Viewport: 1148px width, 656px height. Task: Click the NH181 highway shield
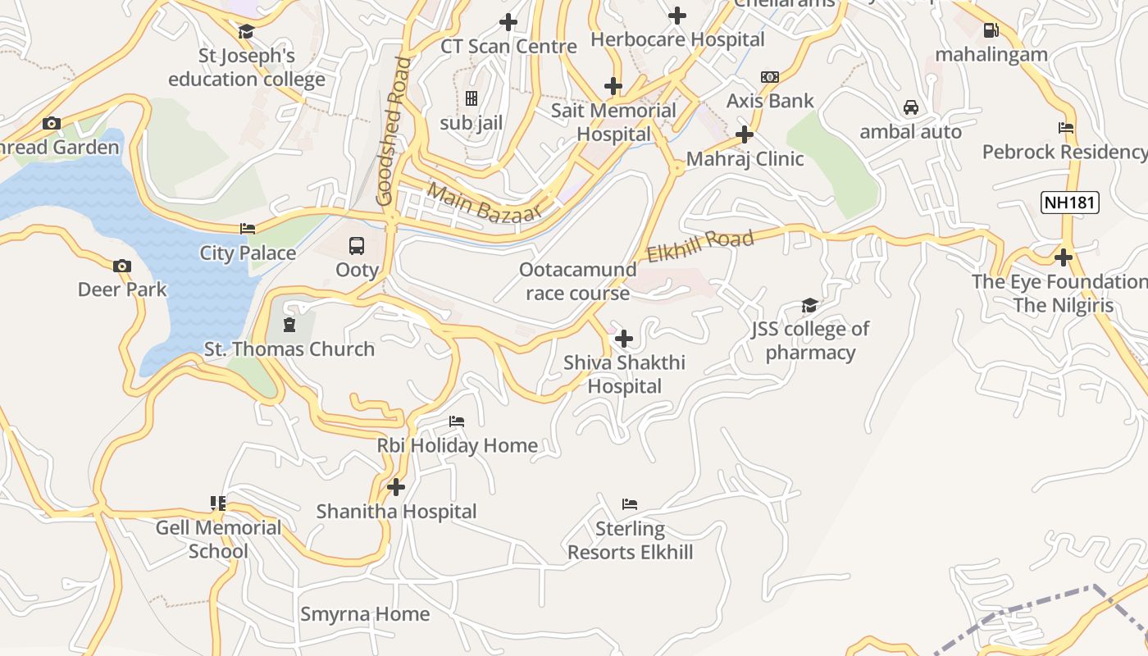pos(1069,203)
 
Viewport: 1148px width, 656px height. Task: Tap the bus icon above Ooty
pos(357,245)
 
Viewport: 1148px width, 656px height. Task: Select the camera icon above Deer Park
pos(122,266)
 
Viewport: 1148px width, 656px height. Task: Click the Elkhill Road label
pos(699,245)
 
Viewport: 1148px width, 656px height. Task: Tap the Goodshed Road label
pos(393,131)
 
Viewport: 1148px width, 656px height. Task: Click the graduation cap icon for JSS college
pos(809,306)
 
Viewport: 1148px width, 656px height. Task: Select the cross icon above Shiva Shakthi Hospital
pos(624,338)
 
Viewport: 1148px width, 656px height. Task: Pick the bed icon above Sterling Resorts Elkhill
pos(630,503)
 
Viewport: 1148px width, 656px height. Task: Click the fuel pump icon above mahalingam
pos(991,30)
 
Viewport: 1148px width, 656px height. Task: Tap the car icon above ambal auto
pos(910,107)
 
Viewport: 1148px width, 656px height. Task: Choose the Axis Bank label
pos(770,101)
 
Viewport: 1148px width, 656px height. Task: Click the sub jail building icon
pos(471,99)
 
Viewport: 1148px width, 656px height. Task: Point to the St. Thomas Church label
pos(289,349)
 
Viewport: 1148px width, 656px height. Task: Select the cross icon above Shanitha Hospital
pos(396,487)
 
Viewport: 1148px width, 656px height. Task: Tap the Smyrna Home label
pos(365,614)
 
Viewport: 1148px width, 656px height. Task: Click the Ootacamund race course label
pos(578,281)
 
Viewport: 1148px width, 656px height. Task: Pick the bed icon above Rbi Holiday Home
pos(457,421)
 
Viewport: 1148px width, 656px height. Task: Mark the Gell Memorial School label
pos(218,540)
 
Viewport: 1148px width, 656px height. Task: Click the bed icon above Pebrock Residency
pos(1065,128)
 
